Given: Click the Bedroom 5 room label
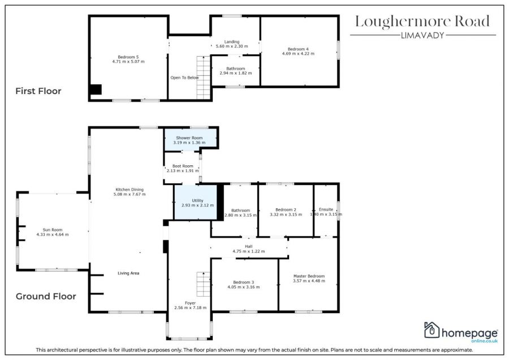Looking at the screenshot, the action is [x=128, y=57].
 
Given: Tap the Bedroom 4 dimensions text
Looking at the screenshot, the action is [x=298, y=54].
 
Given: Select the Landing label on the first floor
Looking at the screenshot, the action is [x=232, y=41].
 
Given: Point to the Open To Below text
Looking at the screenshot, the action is [x=184, y=78].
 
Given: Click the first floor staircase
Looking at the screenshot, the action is [x=204, y=78].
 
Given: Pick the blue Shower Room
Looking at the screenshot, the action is [x=191, y=140].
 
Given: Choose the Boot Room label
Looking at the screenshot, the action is [x=183, y=166].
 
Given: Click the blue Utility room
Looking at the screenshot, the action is [x=196, y=202].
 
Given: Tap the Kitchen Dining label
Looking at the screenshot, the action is [x=130, y=190].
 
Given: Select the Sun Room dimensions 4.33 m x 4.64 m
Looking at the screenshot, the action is [x=53, y=234].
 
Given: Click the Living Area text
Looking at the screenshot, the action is [x=128, y=273].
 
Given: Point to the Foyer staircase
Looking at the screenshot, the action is [x=204, y=284].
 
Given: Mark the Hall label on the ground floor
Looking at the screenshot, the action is [x=249, y=246].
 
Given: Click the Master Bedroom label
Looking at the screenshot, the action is [x=309, y=276].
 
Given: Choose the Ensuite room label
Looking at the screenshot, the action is [x=326, y=209].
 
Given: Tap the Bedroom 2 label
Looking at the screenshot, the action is [x=286, y=210].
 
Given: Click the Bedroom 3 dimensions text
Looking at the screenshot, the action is [x=243, y=287].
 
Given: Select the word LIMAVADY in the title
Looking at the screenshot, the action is [x=422, y=36].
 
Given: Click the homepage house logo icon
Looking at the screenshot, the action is [x=432, y=330].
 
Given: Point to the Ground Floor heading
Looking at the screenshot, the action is [x=46, y=296].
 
